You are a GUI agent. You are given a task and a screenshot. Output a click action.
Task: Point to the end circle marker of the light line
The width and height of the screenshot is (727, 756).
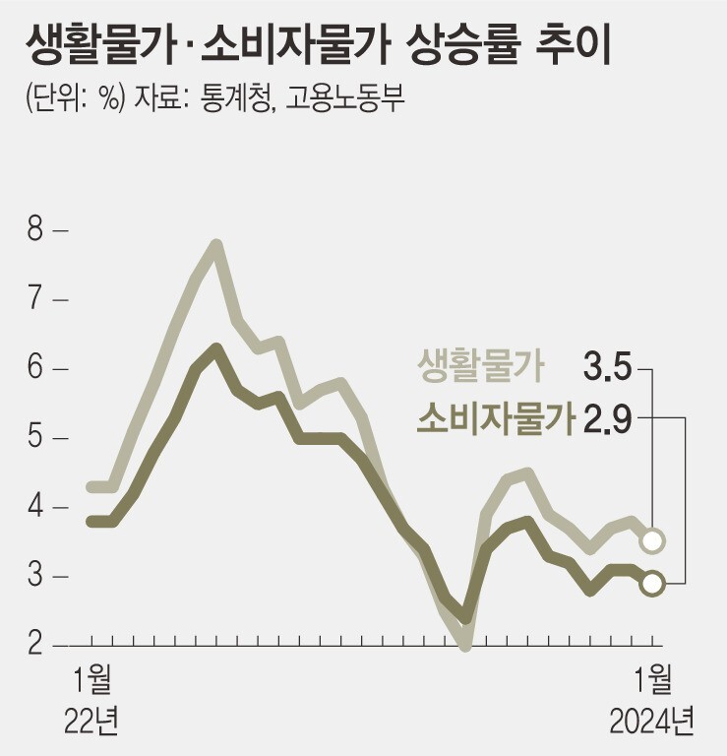(x=651, y=540)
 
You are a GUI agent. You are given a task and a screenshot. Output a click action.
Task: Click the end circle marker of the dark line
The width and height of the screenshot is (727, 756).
(x=651, y=583)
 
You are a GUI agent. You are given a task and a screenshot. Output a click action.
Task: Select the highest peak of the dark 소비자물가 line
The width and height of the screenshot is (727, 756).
(x=216, y=347)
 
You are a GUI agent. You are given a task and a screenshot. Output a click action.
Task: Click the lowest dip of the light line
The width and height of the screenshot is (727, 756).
(x=465, y=645)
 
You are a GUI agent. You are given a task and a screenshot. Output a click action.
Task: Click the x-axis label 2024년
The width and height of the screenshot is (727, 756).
(x=651, y=722)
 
